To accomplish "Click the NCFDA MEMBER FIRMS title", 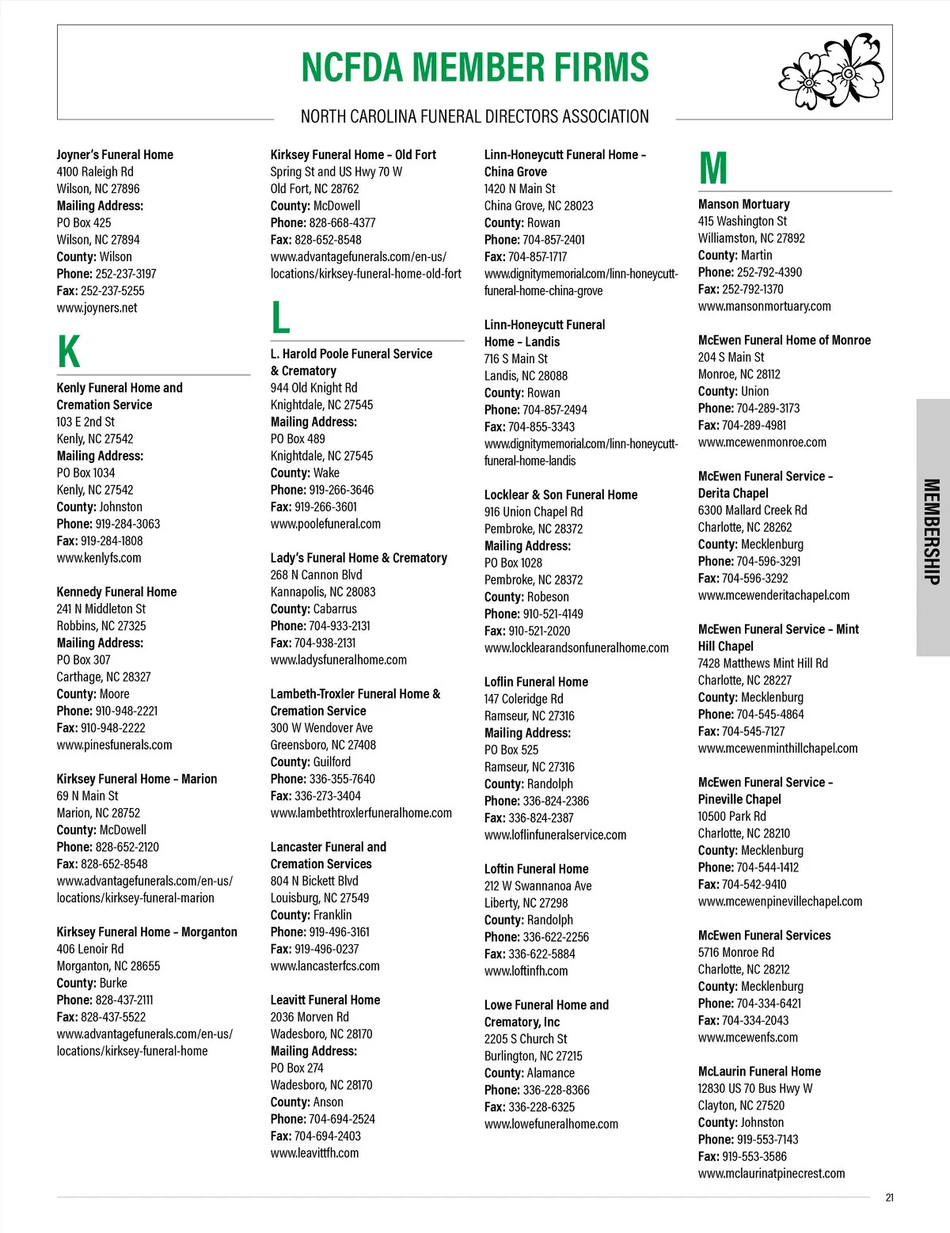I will coord(475,67).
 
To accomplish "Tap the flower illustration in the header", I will coord(830,72).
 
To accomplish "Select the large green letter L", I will coord(280,317).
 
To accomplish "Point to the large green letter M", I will coord(712,168).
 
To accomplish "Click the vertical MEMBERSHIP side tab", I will coord(932,531).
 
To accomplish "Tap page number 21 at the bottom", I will coord(889,1197).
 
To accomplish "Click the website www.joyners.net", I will coord(97,308).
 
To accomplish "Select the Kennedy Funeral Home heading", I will coord(116,592).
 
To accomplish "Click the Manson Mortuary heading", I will coord(743,204).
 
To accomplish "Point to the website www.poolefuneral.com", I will coord(325,524).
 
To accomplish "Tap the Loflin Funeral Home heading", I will coord(536,682).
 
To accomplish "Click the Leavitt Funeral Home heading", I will coord(325,1000).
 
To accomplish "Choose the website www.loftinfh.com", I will coord(526,971).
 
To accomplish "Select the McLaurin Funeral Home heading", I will coord(759,1072).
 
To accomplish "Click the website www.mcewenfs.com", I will coord(747,1038).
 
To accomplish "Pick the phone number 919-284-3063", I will coord(127,524).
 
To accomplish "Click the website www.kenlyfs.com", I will coord(99,558).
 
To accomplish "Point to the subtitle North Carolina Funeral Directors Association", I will coord(475,117).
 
